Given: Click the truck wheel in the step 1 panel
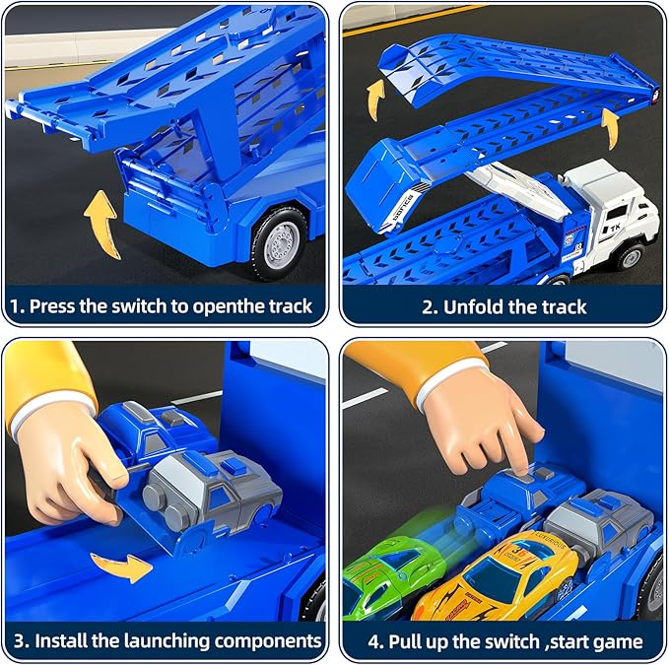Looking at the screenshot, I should point(285,239).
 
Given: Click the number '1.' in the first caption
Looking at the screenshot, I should point(17,306).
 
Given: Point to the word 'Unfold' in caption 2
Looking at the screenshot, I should point(475,306).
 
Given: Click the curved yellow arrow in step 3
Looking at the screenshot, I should point(121,566).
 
